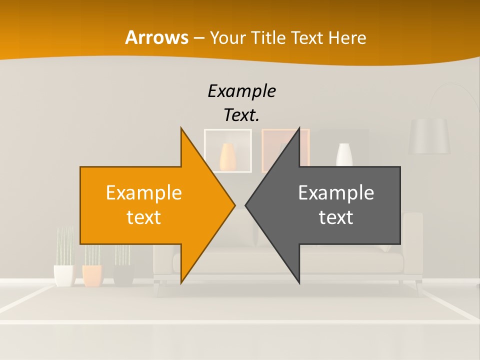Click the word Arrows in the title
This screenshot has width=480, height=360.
pos(156,37)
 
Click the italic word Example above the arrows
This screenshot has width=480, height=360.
pos(241,91)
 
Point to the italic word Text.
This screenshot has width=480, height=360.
pos(241,115)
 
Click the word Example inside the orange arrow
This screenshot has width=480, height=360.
pos(144,192)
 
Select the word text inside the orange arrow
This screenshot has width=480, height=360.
pos(144,217)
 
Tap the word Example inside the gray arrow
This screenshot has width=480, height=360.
pos(336,192)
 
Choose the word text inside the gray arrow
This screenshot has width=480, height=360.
pos(336,217)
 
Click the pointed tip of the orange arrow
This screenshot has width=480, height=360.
pos(234,205)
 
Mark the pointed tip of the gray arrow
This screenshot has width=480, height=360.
pos(246,205)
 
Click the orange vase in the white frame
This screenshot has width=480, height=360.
pos(227,156)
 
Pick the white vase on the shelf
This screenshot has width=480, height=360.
pos(344,154)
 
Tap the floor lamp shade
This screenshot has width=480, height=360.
pos(429,136)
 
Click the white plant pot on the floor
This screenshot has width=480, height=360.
pos(63,275)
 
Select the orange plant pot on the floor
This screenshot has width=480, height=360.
pos(92,275)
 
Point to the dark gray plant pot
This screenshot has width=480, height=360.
pos(123,275)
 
